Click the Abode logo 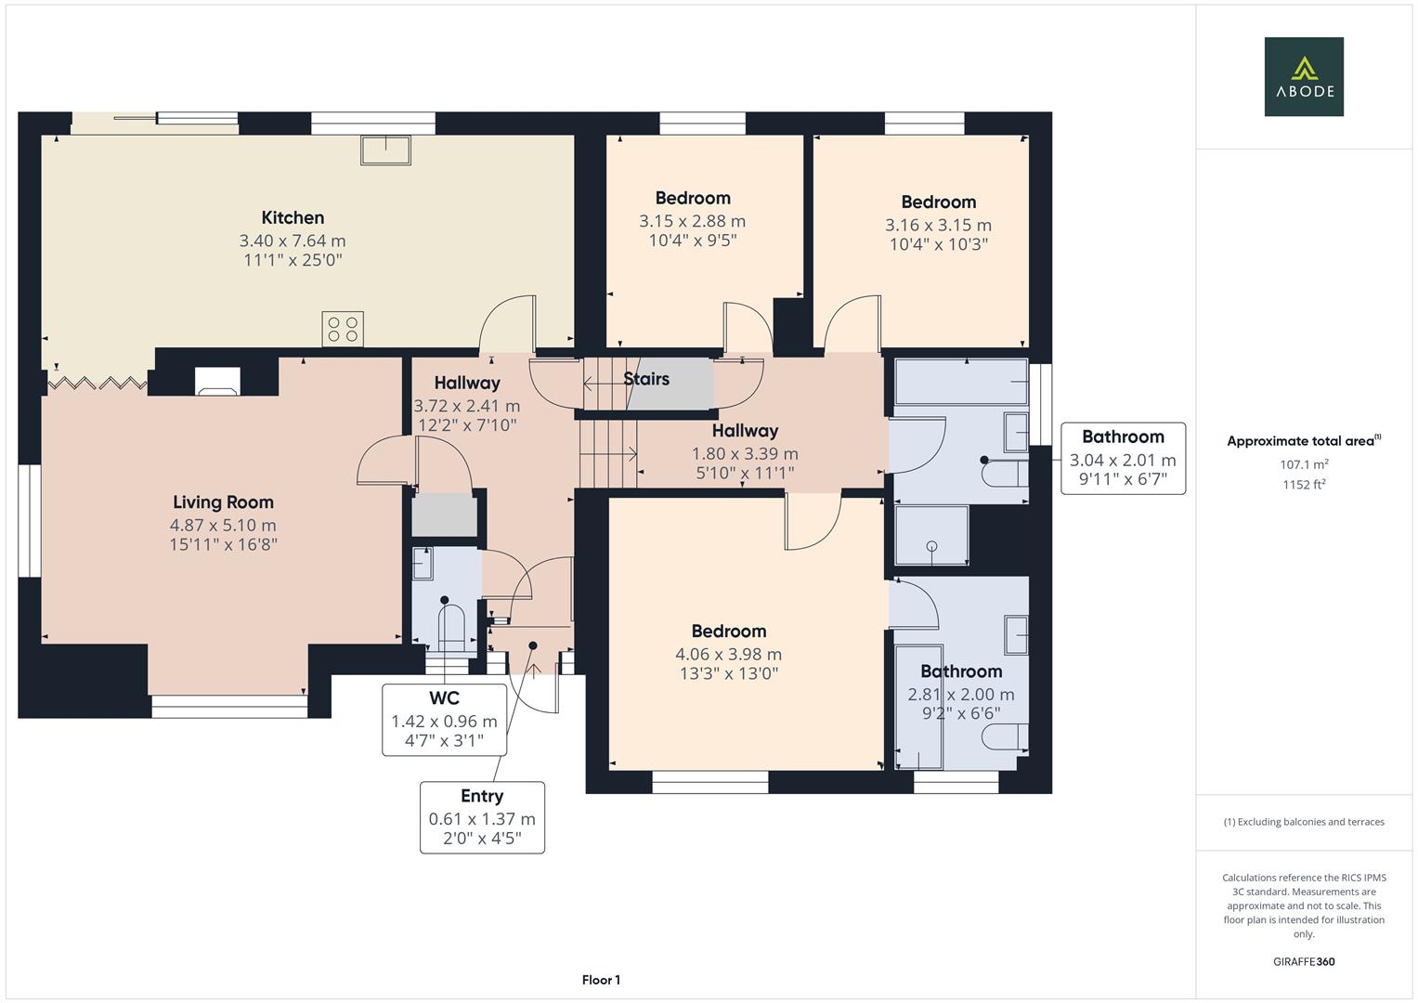tap(1303, 76)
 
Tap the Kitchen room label tap(293, 218)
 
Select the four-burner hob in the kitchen tap(343, 329)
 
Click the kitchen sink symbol tap(386, 150)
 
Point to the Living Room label tap(223, 502)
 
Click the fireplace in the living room tap(217, 381)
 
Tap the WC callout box tap(444, 720)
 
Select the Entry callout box tap(482, 817)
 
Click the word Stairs tap(646, 379)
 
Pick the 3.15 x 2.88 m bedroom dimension tap(692, 221)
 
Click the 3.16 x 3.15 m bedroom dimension tap(938, 225)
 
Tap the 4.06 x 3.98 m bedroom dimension tap(728, 654)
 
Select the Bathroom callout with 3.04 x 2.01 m tap(1122, 458)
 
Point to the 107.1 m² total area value tap(1304, 464)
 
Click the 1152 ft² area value tap(1304, 484)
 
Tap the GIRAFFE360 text tap(1304, 961)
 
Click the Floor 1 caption tap(601, 980)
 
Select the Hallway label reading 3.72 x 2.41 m tap(466, 406)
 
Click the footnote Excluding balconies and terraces tap(1304, 822)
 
